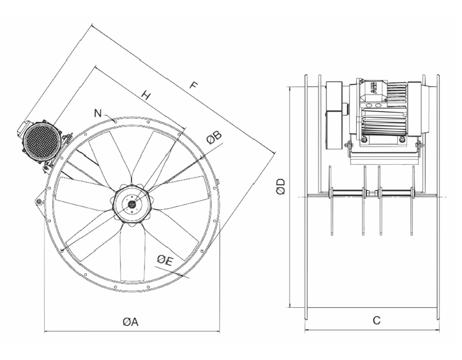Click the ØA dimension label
pos(130,322)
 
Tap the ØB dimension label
pos(213,136)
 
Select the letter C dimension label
pos(376,320)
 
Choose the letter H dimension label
pos(146,95)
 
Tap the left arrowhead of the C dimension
pos(307,330)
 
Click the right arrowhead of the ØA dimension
pos(217,330)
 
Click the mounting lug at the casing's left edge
pos(39,201)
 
